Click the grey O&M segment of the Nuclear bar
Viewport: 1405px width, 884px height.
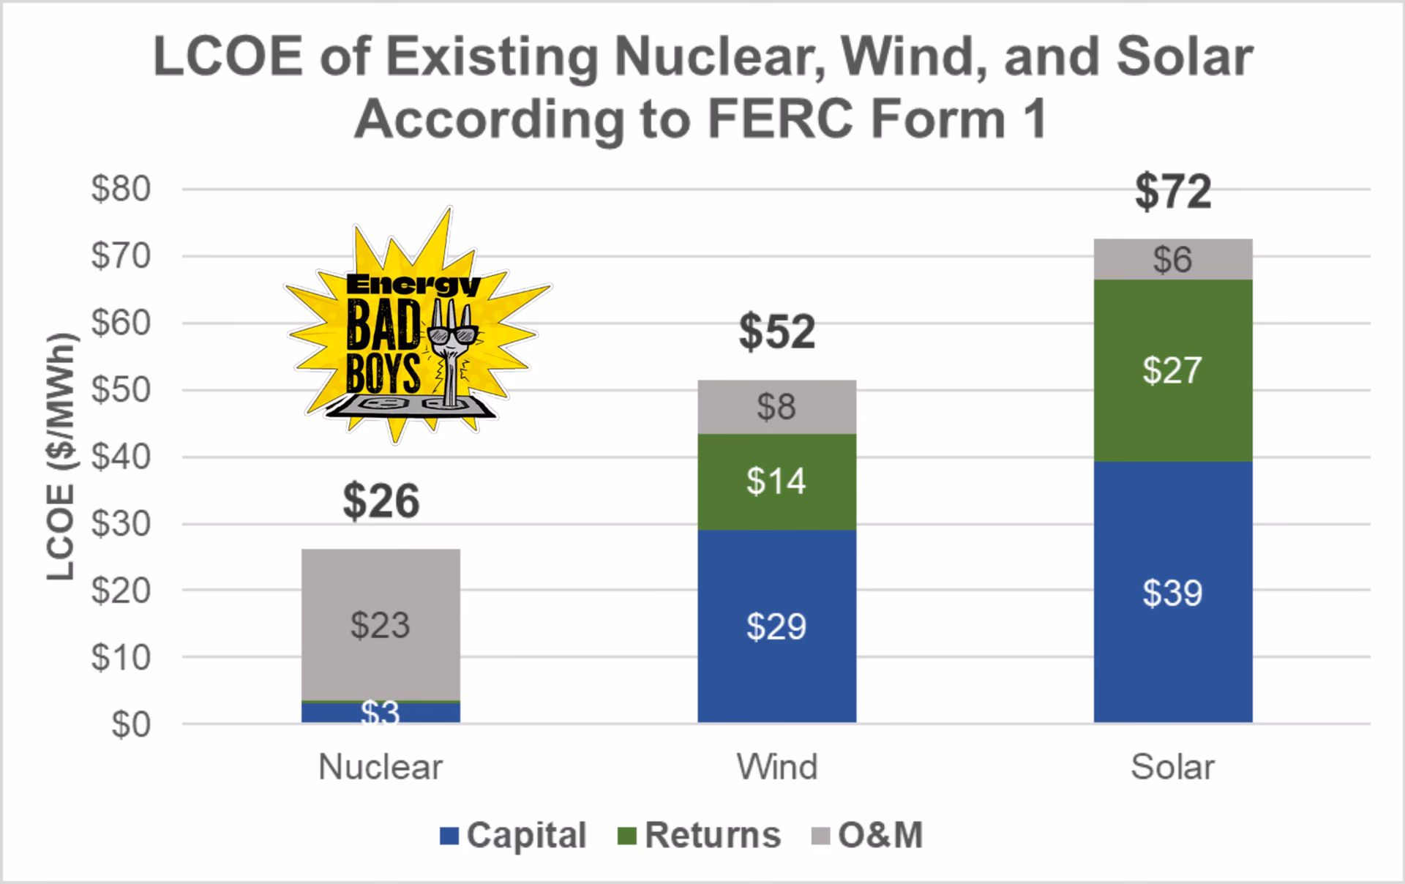(x=381, y=624)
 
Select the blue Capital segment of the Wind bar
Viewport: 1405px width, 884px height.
(x=776, y=626)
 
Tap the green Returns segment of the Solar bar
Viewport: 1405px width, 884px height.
(x=1172, y=370)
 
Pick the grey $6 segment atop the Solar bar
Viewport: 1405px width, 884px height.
(x=1172, y=260)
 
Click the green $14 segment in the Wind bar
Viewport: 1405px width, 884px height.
(x=776, y=482)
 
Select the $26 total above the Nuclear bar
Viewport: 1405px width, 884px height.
(x=381, y=501)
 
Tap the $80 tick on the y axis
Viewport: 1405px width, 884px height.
(x=121, y=189)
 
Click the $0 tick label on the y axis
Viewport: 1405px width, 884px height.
(x=131, y=724)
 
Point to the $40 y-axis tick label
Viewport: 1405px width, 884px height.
(x=121, y=457)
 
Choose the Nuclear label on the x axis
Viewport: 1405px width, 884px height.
(x=381, y=768)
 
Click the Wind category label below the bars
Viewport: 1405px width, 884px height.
(x=776, y=768)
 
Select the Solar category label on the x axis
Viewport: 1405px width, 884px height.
(x=1172, y=768)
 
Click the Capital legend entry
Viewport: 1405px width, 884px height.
(x=514, y=835)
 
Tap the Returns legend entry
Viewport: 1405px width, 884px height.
(x=700, y=835)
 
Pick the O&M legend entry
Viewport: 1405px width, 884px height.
(x=869, y=835)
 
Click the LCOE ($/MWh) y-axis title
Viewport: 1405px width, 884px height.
(x=61, y=457)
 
